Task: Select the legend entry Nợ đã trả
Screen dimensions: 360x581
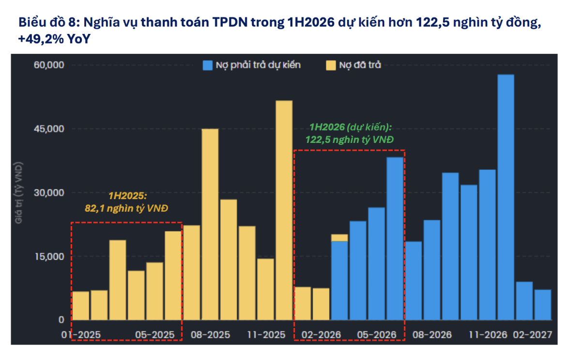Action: click(x=353, y=65)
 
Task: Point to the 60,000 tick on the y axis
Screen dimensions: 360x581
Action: click(x=48, y=65)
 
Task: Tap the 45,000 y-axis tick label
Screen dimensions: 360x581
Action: click(x=48, y=129)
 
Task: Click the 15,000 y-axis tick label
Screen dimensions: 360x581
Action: click(x=48, y=256)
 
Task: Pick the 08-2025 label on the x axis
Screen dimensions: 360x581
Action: click(x=210, y=335)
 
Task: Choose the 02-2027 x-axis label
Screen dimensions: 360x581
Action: click(x=533, y=335)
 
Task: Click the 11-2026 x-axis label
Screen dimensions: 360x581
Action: click(x=487, y=335)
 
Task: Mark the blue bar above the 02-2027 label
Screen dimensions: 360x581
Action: click(x=543, y=305)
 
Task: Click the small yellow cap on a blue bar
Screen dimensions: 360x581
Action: click(x=339, y=237)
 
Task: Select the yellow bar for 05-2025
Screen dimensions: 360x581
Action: click(x=154, y=291)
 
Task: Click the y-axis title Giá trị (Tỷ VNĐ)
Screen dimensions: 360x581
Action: click(x=20, y=193)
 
